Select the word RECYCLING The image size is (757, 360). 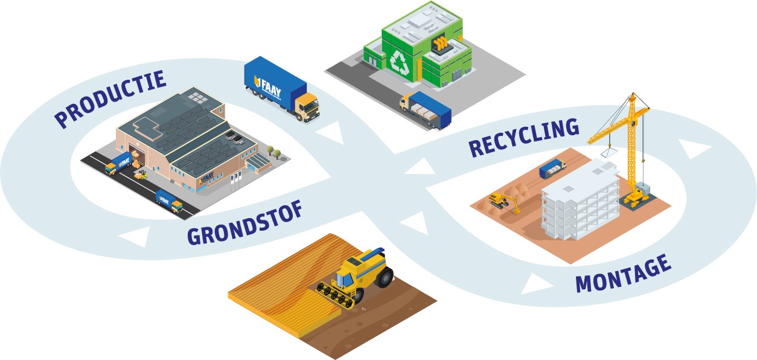[523, 138]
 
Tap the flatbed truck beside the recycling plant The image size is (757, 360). [426, 111]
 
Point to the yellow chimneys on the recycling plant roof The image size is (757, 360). [442, 44]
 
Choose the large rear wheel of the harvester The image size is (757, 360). [385, 277]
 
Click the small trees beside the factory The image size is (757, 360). [273, 150]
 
